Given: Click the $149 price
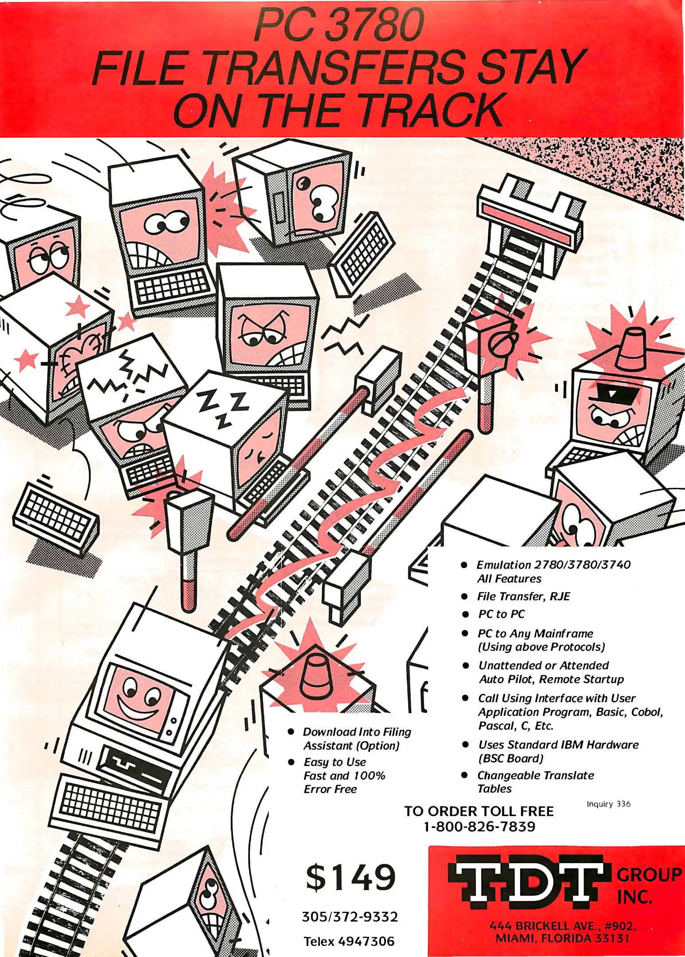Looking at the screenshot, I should tap(350, 877).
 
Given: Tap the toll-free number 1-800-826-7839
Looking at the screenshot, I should tap(479, 826).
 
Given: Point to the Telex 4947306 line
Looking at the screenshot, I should tap(349, 941).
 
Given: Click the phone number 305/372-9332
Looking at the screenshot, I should tap(350, 916).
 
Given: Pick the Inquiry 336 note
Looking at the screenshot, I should tap(608, 804).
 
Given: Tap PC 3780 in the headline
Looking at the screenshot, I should tap(339, 27).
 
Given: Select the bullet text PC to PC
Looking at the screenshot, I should tap(501, 614).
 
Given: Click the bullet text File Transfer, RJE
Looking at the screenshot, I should tap(523, 596).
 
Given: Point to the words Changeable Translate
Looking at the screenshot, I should tap(535, 775).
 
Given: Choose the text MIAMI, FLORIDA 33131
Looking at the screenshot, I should tap(562, 938).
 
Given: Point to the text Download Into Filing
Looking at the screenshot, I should tap(357, 732).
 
